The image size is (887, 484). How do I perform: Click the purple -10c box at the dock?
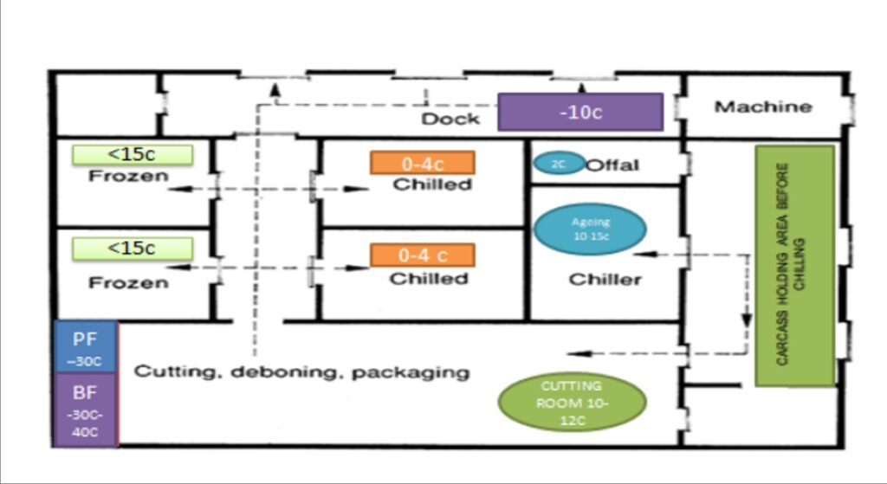(579, 113)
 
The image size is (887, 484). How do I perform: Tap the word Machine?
(762, 107)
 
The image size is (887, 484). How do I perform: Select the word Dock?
(450, 118)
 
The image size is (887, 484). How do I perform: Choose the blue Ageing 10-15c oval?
(590, 229)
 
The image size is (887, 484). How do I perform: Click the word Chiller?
(605, 279)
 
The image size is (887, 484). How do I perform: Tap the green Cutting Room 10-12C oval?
(572, 401)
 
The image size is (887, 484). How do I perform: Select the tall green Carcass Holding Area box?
(794, 265)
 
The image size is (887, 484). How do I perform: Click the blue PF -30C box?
(85, 346)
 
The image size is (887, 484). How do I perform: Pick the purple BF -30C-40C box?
(85, 410)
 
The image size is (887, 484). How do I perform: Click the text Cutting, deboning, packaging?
(301, 372)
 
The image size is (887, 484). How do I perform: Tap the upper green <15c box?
(132, 155)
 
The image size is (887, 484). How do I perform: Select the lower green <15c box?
(132, 248)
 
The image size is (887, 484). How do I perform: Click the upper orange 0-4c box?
(422, 163)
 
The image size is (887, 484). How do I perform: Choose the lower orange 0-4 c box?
(422, 255)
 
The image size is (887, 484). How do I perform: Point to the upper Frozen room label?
(128, 177)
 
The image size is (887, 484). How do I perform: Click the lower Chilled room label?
(428, 279)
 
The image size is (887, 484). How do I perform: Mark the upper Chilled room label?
(432, 184)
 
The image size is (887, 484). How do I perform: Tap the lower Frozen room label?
(128, 282)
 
